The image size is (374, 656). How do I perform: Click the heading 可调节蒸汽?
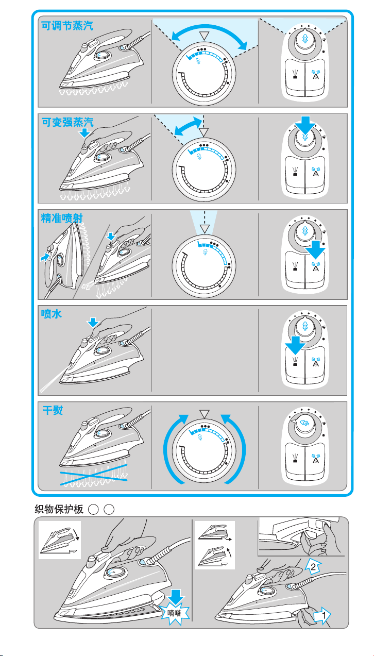pyautogui.click(x=67, y=26)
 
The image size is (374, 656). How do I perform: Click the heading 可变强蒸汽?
pyautogui.click(x=67, y=122)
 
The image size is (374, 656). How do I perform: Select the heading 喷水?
pyautogui.click(x=52, y=314)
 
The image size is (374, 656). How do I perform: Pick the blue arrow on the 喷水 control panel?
pyautogui.click(x=295, y=344)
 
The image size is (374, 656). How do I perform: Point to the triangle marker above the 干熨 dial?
pyautogui.click(x=206, y=414)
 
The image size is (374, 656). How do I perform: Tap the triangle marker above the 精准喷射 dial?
pyautogui.click(x=206, y=228)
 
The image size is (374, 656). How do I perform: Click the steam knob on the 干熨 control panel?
pyautogui.click(x=305, y=421)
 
